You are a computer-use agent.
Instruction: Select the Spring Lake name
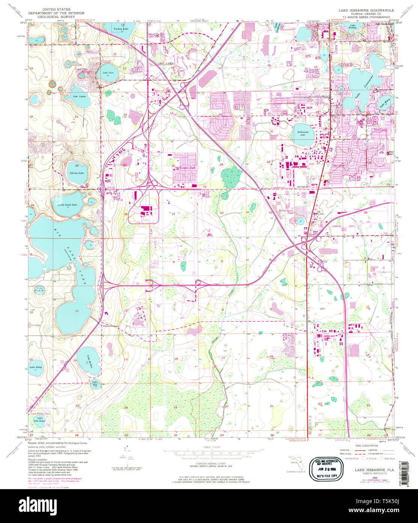point(77,173)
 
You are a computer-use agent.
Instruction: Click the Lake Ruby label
point(36,366)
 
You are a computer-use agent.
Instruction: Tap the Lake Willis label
point(89,359)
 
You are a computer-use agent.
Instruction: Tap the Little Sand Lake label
point(67,205)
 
